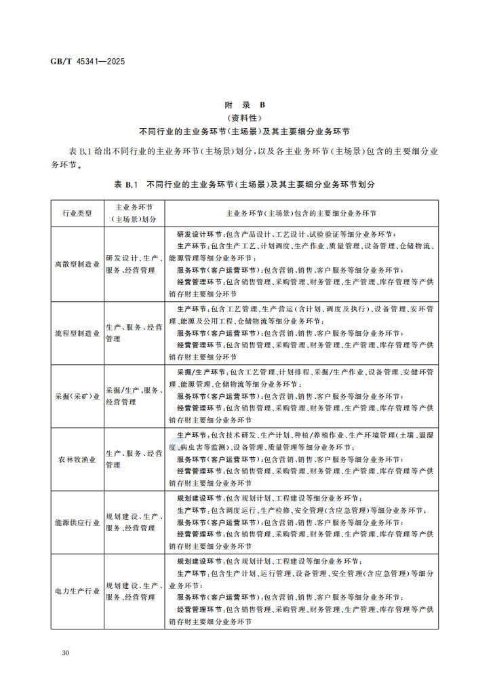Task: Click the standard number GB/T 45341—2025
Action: coord(87,62)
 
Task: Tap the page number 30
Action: coord(65,653)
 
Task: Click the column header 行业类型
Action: coord(77,213)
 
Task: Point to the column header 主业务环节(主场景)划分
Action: coord(134,213)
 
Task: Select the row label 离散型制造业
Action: coord(77,264)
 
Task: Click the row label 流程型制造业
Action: coord(77,333)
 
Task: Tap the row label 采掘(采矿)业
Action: coord(77,396)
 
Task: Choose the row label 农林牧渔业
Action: coord(77,459)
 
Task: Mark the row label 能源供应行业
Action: coord(77,523)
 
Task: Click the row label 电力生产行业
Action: coord(77,591)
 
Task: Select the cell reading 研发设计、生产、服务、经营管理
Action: coord(134,264)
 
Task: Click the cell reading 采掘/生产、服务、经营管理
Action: coord(134,396)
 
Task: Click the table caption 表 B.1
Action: coord(126,184)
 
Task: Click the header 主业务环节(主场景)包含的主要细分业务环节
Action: coord(301,213)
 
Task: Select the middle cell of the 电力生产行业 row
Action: coord(134,591)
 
